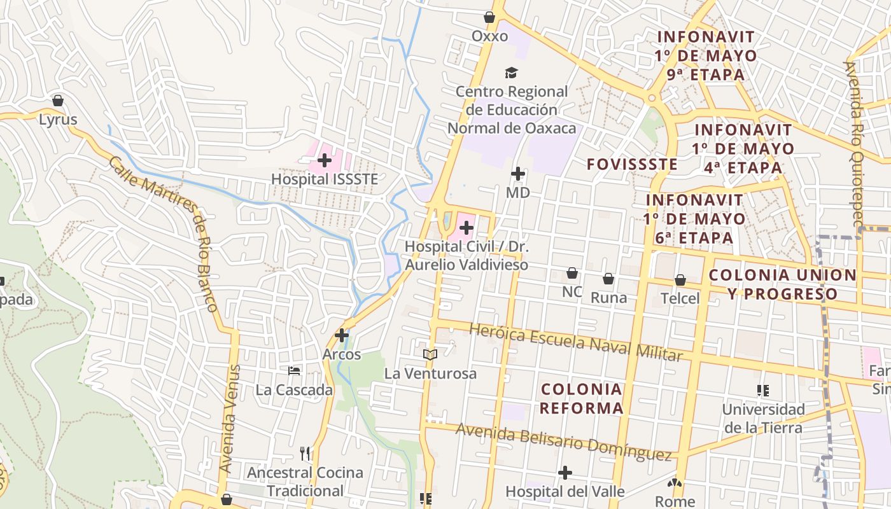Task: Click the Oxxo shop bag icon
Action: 489,17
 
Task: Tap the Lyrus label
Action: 58,119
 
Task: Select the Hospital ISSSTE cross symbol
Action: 325,160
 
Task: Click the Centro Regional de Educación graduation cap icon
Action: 511,73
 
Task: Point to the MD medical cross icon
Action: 518,173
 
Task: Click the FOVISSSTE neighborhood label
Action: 632,164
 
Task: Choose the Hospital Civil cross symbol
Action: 467,227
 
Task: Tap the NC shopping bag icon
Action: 572,274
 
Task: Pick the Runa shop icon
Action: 608,279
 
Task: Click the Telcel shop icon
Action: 680,280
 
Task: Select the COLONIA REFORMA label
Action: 581,398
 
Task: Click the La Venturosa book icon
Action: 430,354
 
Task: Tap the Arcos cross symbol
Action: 342,335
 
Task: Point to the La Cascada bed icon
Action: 294,371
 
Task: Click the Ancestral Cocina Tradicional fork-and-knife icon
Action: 305,454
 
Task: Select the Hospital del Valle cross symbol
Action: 565,473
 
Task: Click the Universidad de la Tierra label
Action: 763,418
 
